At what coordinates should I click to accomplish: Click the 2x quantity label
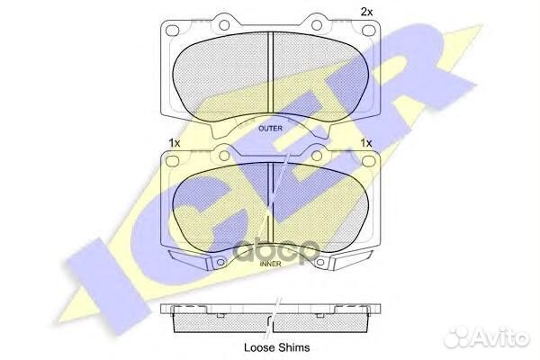[x=366, y=12]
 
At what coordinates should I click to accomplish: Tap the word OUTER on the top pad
[x=270, y=129]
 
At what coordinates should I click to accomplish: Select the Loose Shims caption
[x=271, y=345]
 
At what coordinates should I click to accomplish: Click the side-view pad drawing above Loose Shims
[x=271, y=317]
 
